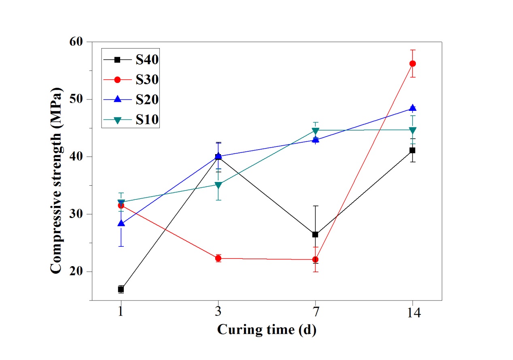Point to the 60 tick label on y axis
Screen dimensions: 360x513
(x=75, y=42)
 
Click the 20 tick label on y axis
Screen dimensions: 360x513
(x=75, y=271)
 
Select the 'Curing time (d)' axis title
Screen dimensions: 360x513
(x=267, y=330)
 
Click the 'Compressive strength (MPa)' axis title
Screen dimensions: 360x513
(x=57, y=171)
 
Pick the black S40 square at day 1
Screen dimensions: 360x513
(x=121, y=289)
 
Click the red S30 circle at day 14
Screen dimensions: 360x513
(x=413, y=64)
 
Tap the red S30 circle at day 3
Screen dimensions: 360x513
(x=218, y=258)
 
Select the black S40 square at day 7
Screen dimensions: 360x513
(x=315, y=234)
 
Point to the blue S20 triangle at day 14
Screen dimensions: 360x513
(x=413, y=108)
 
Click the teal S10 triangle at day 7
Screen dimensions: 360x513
(x=315, y=131)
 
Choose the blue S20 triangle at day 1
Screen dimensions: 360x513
(x=121, y=223)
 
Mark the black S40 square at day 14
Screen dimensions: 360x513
(x=412, y=150)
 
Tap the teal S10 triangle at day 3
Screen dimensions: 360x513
(x=218, y=185)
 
